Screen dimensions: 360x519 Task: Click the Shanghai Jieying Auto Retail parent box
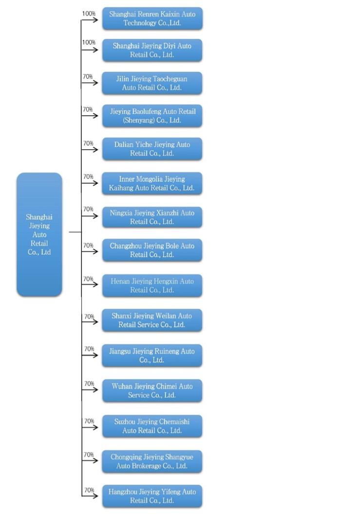click(39, 234)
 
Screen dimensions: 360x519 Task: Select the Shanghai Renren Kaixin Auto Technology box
click(152, 19)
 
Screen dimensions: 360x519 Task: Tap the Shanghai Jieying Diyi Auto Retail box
click(152, 50)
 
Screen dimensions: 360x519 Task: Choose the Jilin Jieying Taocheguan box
click(152, 83)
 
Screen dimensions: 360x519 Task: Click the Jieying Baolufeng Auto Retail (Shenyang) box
click(152, 116)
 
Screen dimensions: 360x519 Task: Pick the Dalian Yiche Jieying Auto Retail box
click(152, 149)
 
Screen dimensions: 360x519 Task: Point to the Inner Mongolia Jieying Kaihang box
click(152, 184)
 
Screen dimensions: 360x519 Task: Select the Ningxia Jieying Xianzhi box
click(152, 217)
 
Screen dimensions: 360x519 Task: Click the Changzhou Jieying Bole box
click(152, 250)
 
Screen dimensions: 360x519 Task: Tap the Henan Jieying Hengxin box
click(152, 286)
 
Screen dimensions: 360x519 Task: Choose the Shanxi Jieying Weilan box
click(152, 320)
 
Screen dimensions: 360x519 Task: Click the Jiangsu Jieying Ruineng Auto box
click(152, 355)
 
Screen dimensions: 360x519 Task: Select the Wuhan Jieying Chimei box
click(152, 390)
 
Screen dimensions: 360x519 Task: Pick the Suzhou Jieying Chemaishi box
click(152, 426)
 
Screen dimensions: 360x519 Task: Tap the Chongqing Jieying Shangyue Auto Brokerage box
click(152, 462)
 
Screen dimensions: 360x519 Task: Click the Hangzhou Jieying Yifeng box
click(152, 496)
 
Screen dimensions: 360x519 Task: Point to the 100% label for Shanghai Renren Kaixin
click(89, 14)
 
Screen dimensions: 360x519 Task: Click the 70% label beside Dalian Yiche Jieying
click(88, 143)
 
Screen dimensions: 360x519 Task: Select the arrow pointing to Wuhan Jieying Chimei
click(90, 389)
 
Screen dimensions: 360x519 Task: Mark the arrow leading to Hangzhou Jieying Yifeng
click(90, 496)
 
